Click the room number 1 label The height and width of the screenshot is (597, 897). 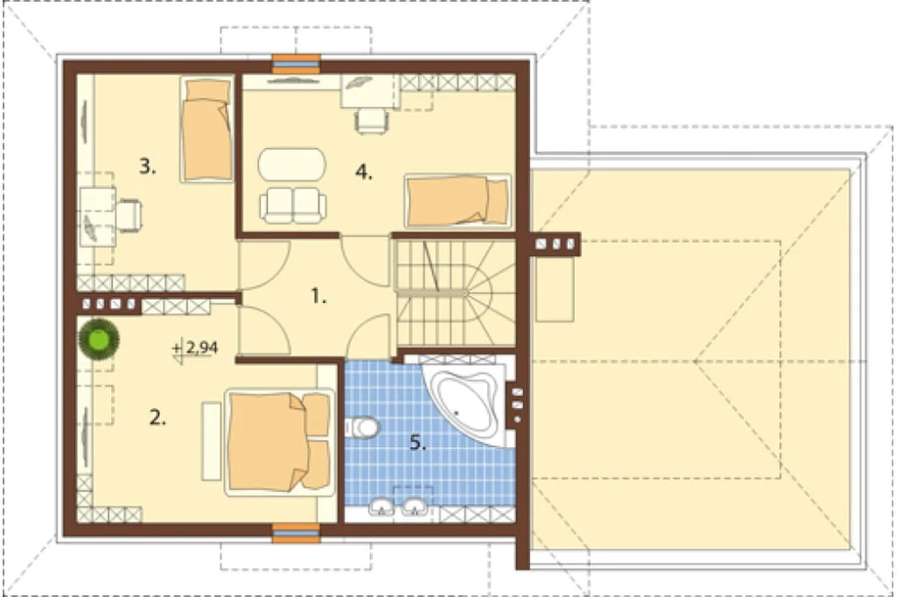pyautogui.click(x=318, y=296)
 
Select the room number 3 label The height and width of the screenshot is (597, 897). pyautogui.click(x=148, y=167)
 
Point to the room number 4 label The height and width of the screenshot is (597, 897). pyautogui.click(x=363, y=171)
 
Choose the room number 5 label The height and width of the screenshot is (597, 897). pyautogui.click(x=418, y=442)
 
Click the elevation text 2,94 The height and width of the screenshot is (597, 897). pyautogui.click(x=202, y=348)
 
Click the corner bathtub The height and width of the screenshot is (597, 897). pyautogui.click(x=465, y=402)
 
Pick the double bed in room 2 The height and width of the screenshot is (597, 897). pyautogui.click(x=280, y=442)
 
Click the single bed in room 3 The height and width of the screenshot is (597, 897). pyautogui.click(x=207, y=130)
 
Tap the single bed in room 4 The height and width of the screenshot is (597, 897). pyautogui.click(x=457, y=201)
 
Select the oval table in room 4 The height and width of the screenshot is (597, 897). pyautogui.click(x=292, y=165)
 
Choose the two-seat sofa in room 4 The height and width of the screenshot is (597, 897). pyautogui.click(x=293, y=205)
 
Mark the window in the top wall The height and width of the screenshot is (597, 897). pyautogui.click(x=295, y=64)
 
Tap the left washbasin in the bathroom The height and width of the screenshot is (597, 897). pyautogui.click(x=381, y=506)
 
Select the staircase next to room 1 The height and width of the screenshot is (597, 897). pyautogui.click(x=456, y=293)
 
